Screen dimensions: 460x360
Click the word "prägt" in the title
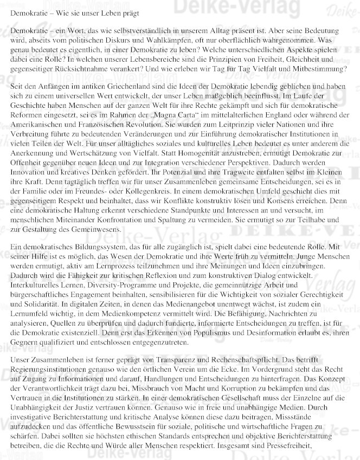128,11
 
